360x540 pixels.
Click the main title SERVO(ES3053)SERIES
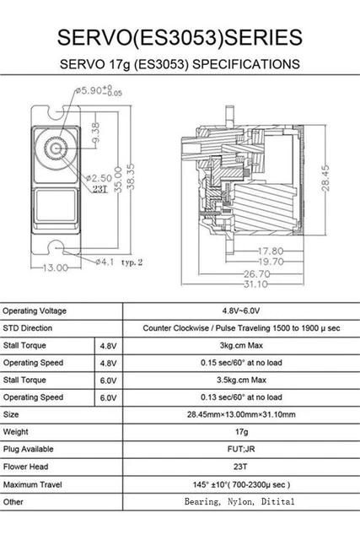point(180,36)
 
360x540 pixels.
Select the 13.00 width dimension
point(55,268)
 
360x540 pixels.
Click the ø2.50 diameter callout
point(99,178)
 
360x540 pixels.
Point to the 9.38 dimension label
point(94,134)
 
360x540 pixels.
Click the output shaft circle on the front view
point(57,148)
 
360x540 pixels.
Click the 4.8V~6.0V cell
point(240,310)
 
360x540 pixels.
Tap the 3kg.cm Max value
point(240,345)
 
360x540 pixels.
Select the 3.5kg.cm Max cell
point(240,380)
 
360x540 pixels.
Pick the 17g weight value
point(240,432)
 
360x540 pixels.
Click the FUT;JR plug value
point(240,449)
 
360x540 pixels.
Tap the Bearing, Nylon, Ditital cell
point(240,501)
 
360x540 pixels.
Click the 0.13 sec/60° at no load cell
point(240,397)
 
